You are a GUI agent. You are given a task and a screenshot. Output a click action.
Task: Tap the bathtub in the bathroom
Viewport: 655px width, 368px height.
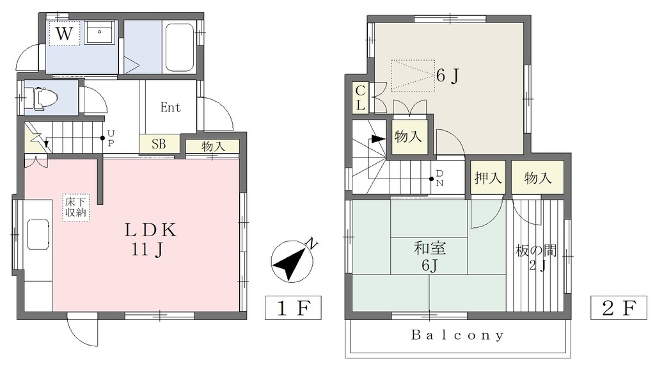(x=180, y=47)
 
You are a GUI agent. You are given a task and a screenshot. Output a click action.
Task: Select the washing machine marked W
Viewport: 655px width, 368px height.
(x=65, y=33)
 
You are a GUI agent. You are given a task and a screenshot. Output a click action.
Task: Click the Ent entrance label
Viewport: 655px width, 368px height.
(x=170, y=108)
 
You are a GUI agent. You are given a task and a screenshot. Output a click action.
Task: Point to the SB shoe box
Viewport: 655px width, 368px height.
(x=159, y=144)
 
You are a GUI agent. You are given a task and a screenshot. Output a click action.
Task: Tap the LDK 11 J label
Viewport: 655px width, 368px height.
(x=150, y=239)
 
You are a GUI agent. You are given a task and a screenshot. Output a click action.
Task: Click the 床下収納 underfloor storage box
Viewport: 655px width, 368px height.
(x=75, y=207)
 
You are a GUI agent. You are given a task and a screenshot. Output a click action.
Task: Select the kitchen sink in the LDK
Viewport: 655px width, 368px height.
(x=38, y=235)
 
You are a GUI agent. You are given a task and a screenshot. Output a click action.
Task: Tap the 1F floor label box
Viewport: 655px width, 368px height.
(x=293, y=308)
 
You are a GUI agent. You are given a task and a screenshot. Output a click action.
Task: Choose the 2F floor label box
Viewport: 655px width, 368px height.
(x=619, y=308)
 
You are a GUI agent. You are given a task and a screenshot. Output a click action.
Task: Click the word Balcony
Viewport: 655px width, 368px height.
(x=458, y=335)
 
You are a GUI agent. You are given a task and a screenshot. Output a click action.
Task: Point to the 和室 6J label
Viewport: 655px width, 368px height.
(x=430, y=257)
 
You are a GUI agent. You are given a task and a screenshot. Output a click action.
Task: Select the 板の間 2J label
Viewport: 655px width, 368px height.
(x=537, y=257)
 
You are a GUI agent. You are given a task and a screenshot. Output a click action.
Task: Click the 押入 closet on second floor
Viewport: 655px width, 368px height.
(x=488, y=177)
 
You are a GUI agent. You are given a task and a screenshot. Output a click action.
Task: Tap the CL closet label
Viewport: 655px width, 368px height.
(x=361, y=98)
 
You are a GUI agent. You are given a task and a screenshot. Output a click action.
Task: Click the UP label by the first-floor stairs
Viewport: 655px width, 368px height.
(x=111, y=138)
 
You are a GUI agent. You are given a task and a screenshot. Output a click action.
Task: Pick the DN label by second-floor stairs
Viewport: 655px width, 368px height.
(x=439, y=178)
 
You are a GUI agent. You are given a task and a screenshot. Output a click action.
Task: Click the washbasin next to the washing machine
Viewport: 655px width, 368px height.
(x=99, y=32)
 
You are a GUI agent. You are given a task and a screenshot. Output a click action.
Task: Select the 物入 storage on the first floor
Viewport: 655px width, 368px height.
(x=213, y=146)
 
